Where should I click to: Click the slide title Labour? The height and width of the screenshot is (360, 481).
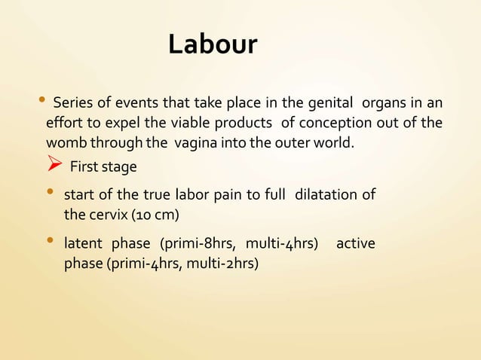click(x=212, y=45)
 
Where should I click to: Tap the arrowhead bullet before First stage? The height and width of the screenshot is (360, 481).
click(x=53, y=164)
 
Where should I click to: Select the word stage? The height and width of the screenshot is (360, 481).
click(x=120, y=165)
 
